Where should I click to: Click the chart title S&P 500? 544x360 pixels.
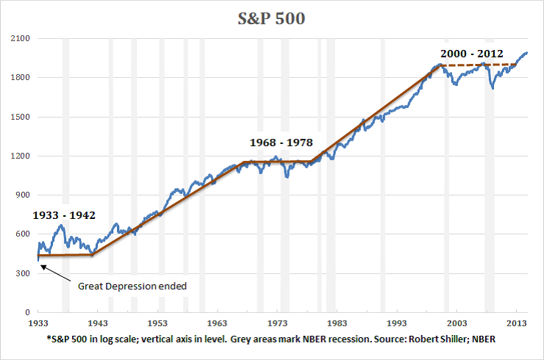click(271, 17)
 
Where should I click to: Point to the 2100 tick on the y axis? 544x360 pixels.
click(20, 38)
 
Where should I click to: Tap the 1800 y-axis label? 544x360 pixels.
click(20, 77)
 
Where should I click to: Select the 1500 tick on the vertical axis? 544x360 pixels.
click(20, 117)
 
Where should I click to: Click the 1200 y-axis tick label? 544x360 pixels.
click(20, 156)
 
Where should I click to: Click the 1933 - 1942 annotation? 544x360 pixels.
click(74, 215)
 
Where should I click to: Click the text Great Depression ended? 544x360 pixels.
click(132, 285)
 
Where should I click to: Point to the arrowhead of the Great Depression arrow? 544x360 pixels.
click(41, 266)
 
